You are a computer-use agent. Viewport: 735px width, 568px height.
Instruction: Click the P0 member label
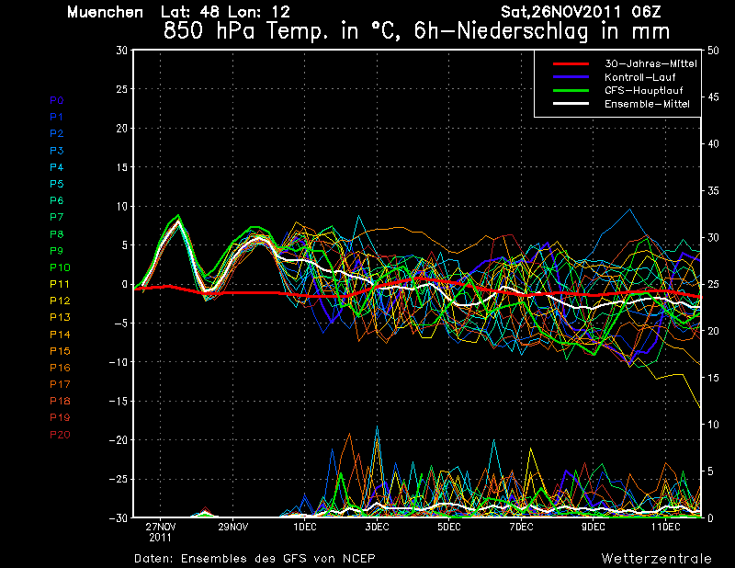[x=57, y=100]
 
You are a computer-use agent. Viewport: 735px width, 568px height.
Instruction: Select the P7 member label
[x=57, y=217]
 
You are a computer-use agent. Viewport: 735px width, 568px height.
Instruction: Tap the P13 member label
[x=60, y=317]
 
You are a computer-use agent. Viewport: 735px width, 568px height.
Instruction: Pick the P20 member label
[x=60, y=435]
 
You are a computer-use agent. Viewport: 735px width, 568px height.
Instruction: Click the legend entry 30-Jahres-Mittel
[x=650, y=63]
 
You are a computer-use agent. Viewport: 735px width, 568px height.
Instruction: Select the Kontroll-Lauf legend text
[x=639, y=77]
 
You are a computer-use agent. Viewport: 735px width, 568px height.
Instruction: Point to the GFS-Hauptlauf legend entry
[x=644, y=90]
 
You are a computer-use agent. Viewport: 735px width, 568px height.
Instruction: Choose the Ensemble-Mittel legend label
[x=647, y=104]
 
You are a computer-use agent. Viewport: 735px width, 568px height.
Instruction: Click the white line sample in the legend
[x=571, y=104]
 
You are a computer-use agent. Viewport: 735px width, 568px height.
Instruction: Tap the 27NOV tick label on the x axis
[x=160, y=528]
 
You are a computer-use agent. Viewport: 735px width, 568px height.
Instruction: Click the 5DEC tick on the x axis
[x=449, y=528]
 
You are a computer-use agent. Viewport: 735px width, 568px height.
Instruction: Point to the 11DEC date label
[x=665, y=528]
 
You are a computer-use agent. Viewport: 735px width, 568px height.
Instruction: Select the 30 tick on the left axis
[x=122, y=51]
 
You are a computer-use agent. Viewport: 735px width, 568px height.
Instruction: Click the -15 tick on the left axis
[x=119, y=402]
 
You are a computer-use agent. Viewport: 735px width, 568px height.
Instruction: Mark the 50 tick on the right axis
[x=713, y=51]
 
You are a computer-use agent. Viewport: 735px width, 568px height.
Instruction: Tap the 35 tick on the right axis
[x=713, y=191]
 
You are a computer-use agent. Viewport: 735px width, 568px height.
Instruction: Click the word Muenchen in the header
[x=105, y=12]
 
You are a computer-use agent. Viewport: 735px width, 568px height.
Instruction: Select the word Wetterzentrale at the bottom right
[x=657, y=559]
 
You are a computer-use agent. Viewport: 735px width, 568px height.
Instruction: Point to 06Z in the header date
[x=647, y=12]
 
